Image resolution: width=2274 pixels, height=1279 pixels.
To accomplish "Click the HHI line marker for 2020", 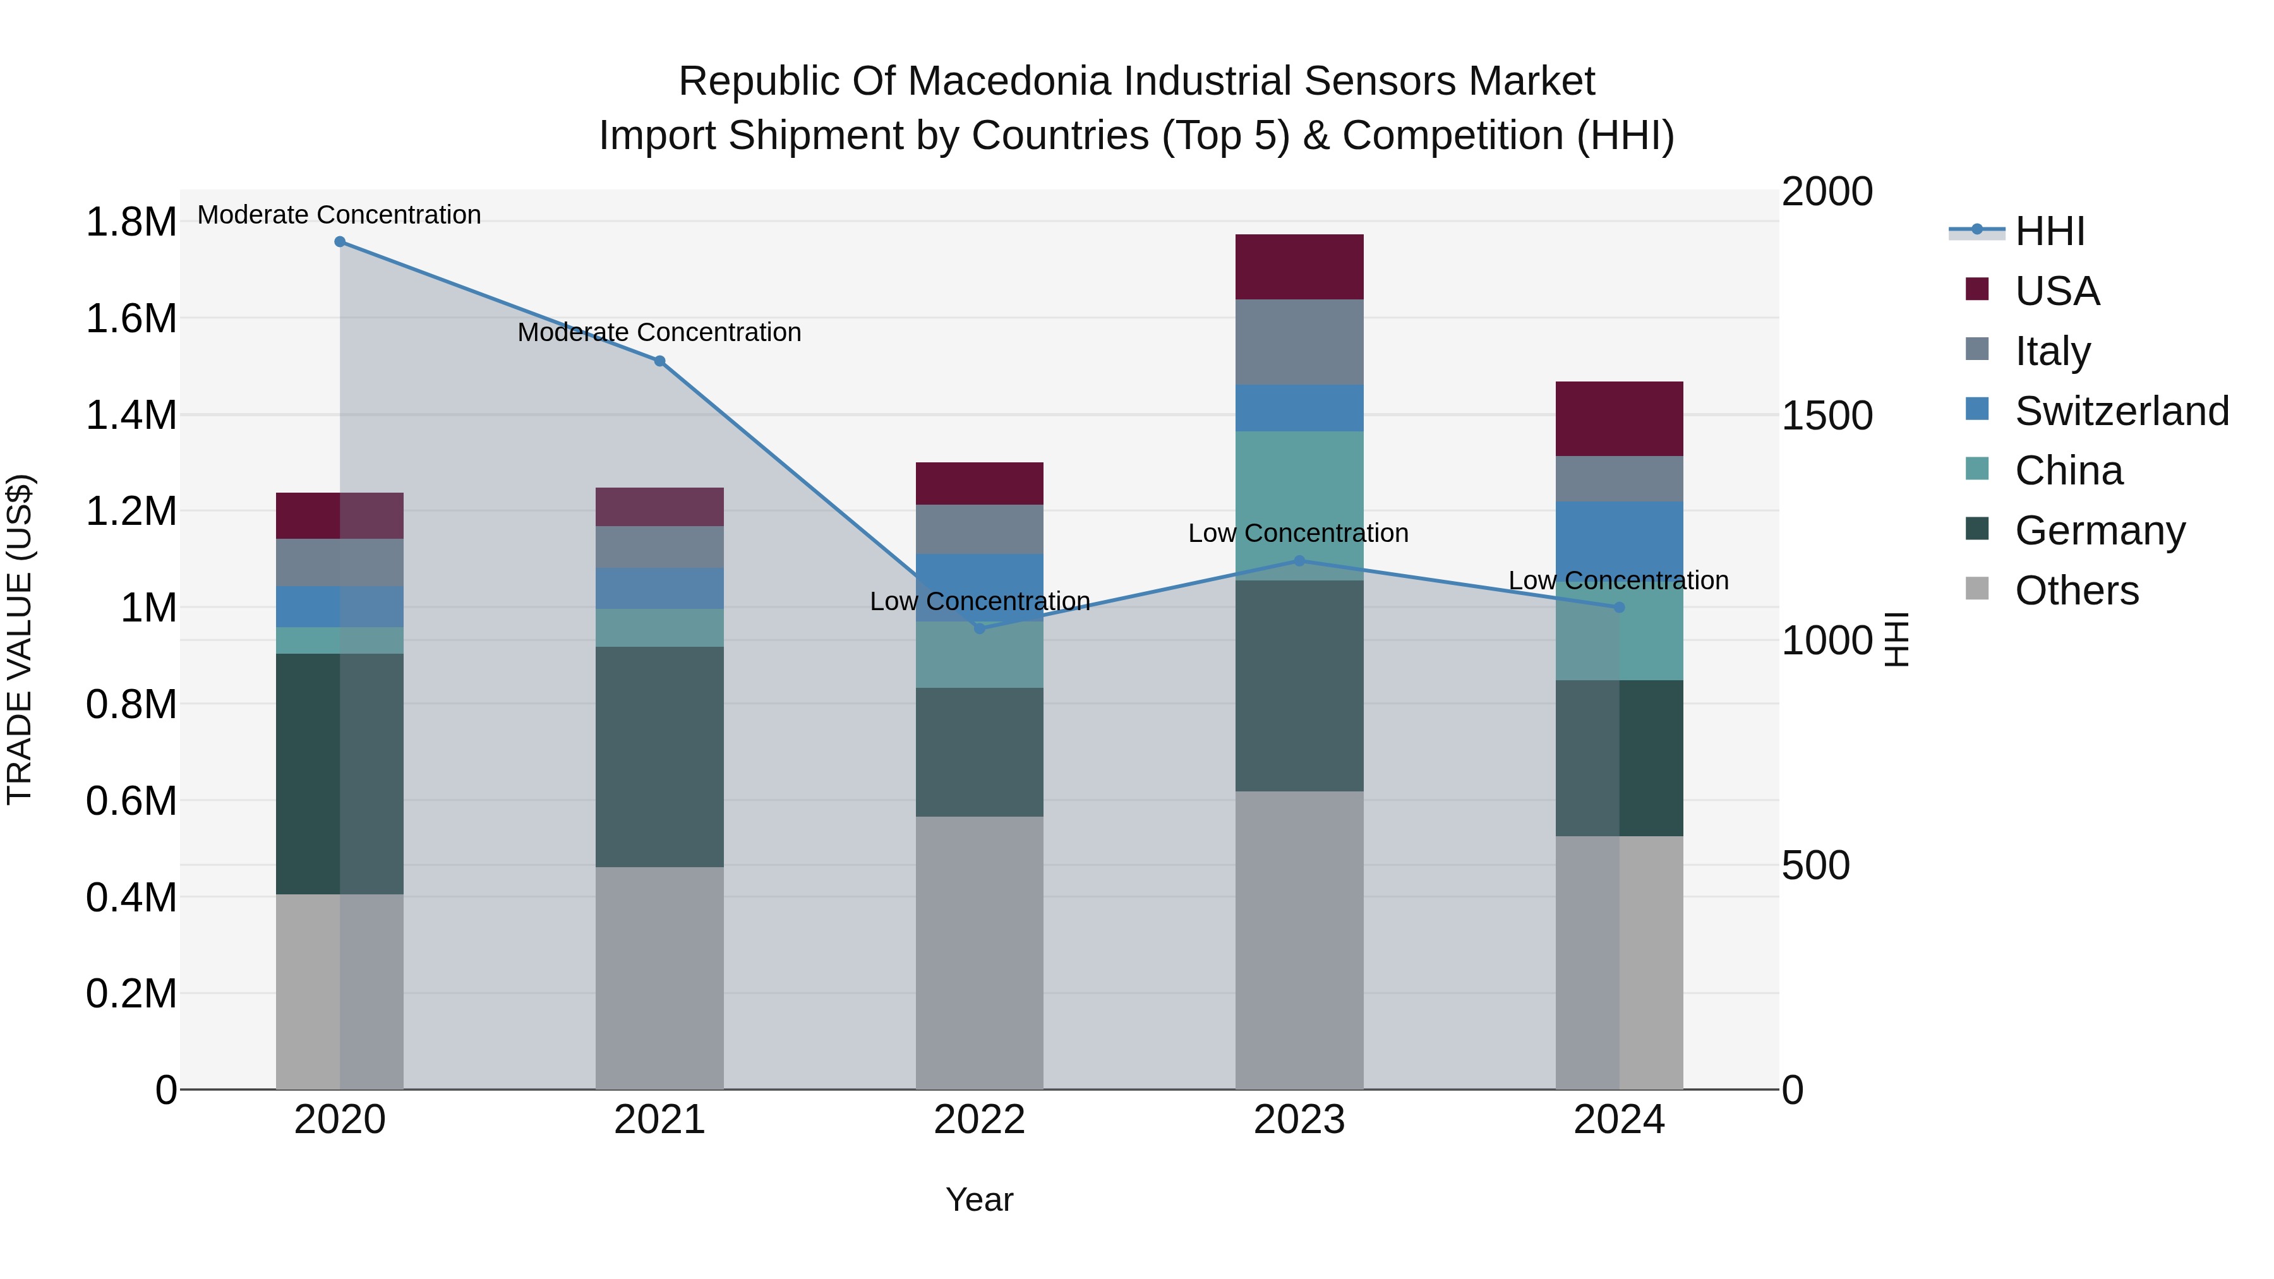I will pyautogui.click(x=340, y=242).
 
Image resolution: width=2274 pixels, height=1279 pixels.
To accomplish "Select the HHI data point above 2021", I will pyautogui.click(x=659, y=361).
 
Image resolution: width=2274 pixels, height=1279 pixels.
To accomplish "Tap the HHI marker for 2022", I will pyautogui.click(x=979, y=628).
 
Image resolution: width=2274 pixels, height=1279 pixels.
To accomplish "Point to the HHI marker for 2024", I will pyautogui.click(x=1619, y=607).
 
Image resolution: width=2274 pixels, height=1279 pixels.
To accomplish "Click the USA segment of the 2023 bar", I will pyautogui.click(x=1299, y=267).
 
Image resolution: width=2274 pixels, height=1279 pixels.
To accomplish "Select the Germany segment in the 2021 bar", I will pyautogui.click(x=659, y=757).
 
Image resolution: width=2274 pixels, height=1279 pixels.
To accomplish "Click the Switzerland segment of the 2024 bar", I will pyautogui.click(x=1619, y=538).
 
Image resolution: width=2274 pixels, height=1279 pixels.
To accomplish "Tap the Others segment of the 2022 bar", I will pyautogui.click(x=979, y=952).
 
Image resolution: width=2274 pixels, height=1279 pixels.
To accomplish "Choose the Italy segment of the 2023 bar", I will pyautogui.click(x=1299, y=342).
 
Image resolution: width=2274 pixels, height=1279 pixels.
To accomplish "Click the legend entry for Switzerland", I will pyautogui.click(x=2121, y=411).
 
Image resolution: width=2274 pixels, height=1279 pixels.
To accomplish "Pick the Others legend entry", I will pyautogui.click(x=2076, y=591).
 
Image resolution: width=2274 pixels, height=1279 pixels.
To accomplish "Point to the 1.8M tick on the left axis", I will pyautogui.click(x=131, y=222).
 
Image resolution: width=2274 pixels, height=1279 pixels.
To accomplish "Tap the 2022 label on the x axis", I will pyautogui.click(x=979, y=1120).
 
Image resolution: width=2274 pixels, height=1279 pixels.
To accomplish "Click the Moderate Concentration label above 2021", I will pyautogui.click(x=659, y=333).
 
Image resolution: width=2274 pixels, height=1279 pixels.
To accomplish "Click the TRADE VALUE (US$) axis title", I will pyautogui.click(x=20, y=639).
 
